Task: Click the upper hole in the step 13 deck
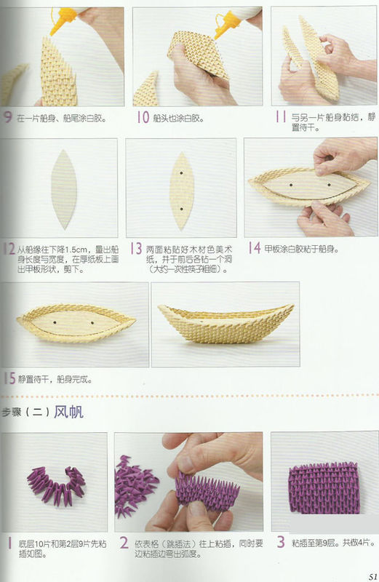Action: pyautogui.click(x=180, y=175)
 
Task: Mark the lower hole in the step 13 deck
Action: pyautogui.click(x=180, y=208)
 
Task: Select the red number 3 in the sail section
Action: pyautogui.click(x=279, y=542)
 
